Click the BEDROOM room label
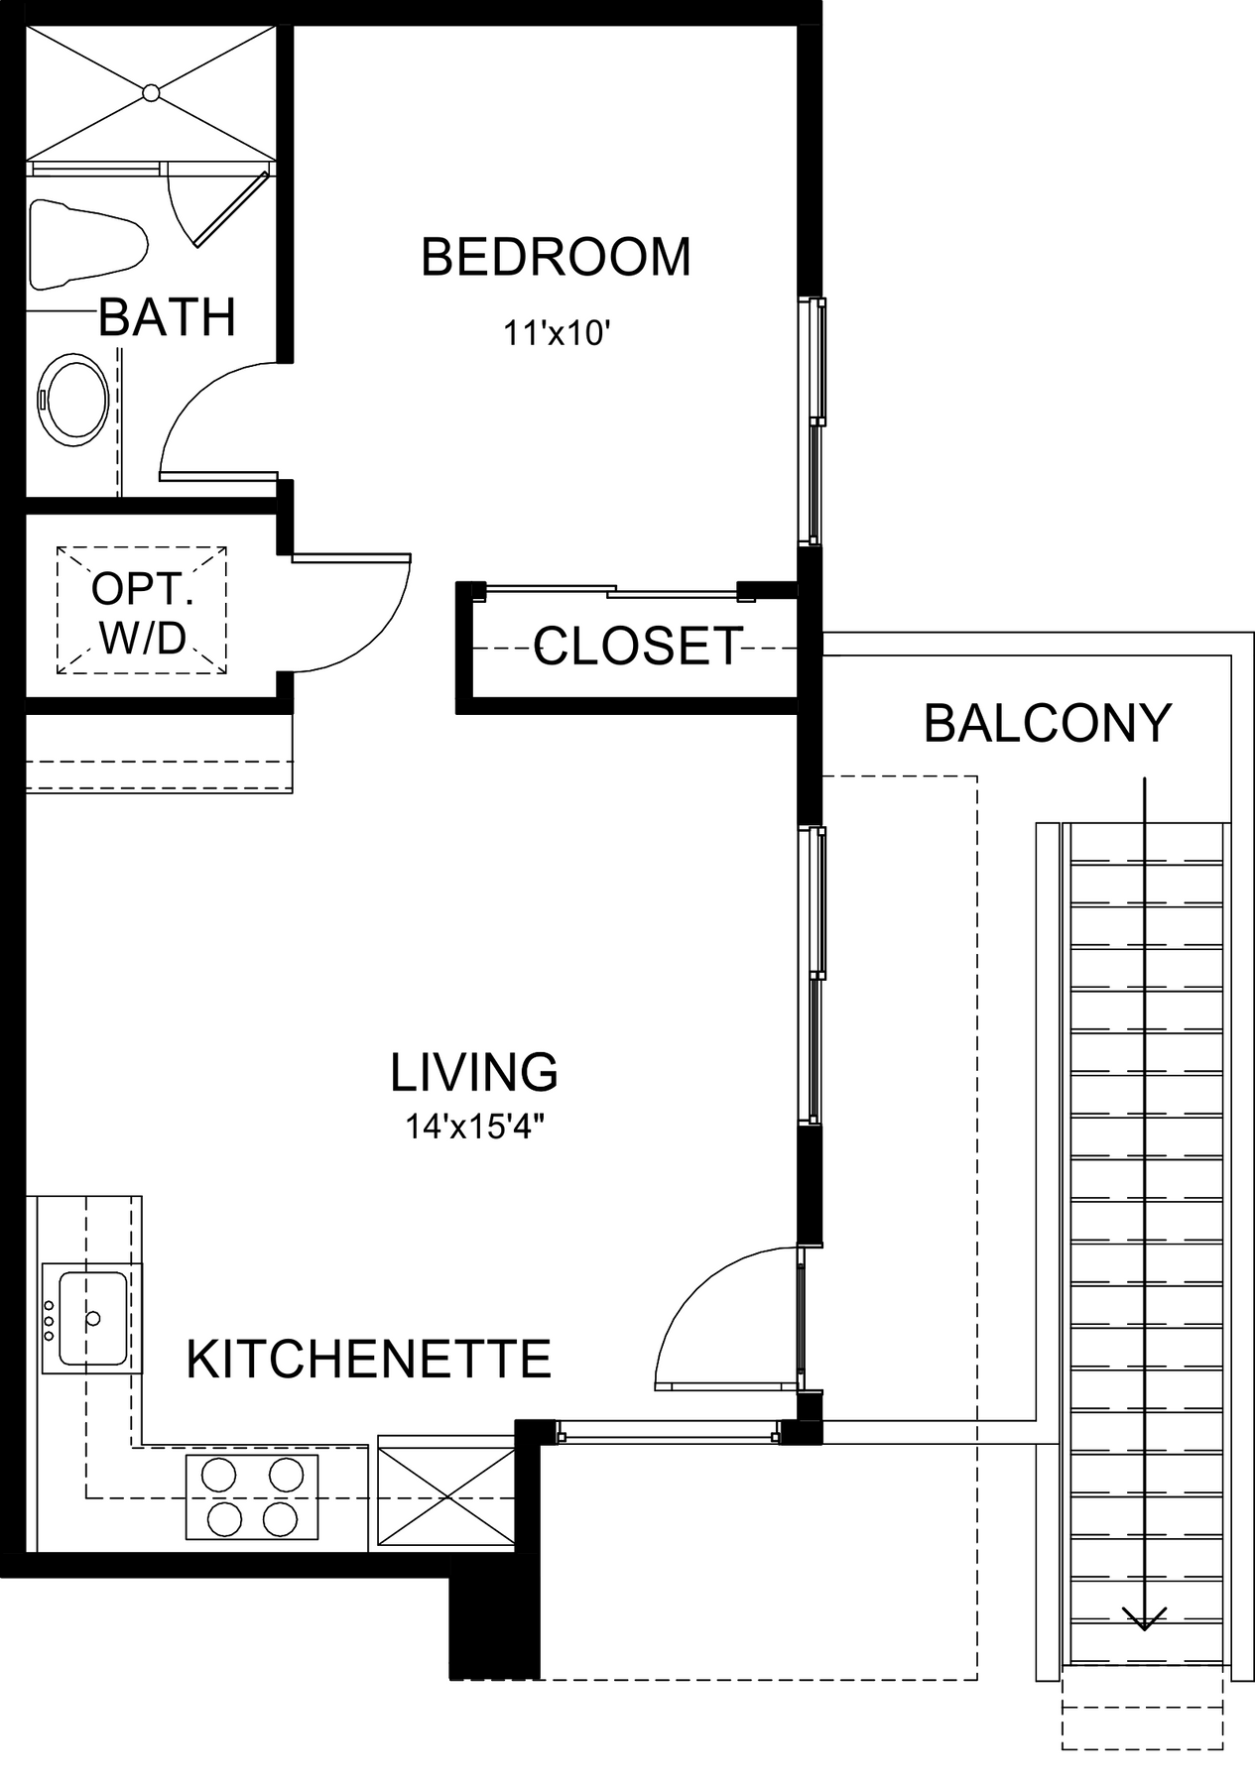pyautogui.click(x=556, y=257)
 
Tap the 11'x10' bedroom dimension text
pyautogui.click(x=556, y=334)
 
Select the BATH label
pyautogui.click(x=167, y=317)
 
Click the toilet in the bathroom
pyautogui.click(x=87, y=244)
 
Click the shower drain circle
pyautogui.click(x=151, y=92)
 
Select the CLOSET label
pyautogui.click(x=638, y=647)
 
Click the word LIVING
pyautogui.click(x=474, y=1072)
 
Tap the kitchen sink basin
pyautogui.click(x=92, y=1318)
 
